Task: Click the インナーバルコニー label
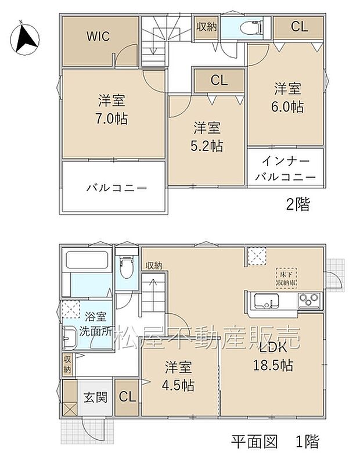(x=285, y=168)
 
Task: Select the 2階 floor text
(x=297, y=204)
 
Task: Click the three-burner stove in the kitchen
(x=309, y=300)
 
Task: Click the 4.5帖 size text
(x=179, y=385)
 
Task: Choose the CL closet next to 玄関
(x=127, y=397)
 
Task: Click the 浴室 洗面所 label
(x=95, y=326)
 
